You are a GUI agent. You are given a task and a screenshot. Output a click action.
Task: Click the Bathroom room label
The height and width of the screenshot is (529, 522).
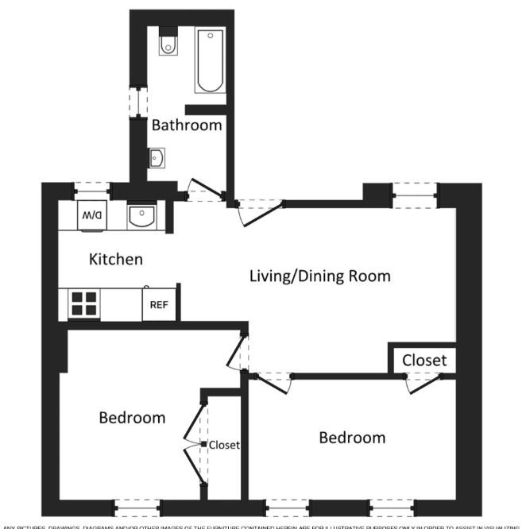pos(187,125)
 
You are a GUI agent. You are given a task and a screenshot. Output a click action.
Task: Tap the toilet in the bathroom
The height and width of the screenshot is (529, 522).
pos(168,44)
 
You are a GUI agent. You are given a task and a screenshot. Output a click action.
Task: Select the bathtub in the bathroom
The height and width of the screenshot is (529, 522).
pos(211,60)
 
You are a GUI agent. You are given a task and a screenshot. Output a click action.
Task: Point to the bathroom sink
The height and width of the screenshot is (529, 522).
pos(156,160)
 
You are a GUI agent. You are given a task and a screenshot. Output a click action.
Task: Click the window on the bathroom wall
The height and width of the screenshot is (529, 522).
pos(134,100)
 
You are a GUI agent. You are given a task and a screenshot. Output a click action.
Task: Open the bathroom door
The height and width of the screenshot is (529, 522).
pos(203,190)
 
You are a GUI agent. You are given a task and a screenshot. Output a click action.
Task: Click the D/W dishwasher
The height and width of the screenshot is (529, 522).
pos(91,215)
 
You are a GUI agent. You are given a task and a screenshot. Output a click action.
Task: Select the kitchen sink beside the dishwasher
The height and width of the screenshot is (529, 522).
pos(141,215)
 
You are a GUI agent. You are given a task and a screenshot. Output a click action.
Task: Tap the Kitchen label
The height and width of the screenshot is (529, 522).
pos(116,259)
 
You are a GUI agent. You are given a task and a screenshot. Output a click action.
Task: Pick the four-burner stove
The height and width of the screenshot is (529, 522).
pos(84,303)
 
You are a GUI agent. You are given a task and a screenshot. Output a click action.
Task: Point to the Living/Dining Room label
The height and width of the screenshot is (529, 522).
pos(319,276)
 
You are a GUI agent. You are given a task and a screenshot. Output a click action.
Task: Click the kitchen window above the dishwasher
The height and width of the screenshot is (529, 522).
pos(91,188)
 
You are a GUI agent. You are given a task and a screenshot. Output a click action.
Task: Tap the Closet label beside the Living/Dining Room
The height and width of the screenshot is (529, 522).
pos(423,360)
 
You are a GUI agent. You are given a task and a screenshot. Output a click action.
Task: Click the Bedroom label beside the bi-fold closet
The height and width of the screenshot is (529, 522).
pos(132,418)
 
